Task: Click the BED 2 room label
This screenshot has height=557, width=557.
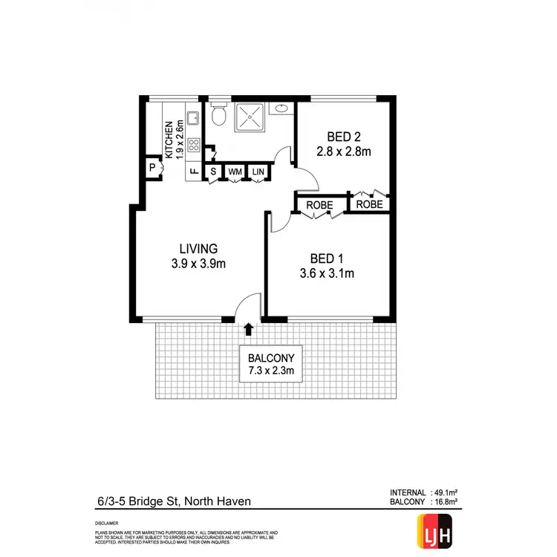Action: [x=342, y=137]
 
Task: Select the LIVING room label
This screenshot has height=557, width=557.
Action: [x=198, y=248]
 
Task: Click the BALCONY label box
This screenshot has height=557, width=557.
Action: [x=273, y=363]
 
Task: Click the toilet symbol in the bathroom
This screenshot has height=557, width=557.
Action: [x=218, y=115]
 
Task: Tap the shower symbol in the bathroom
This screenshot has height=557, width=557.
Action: [x=253, y=117]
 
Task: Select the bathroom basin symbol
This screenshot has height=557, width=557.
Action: [x=281, y=110]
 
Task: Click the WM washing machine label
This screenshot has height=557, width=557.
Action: [x=235, y=172]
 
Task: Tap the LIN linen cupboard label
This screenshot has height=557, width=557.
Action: [x=258, y=172]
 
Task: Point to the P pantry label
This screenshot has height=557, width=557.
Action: [x=152, y=168]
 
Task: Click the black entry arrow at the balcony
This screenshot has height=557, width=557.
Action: [x=248, y=328]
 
